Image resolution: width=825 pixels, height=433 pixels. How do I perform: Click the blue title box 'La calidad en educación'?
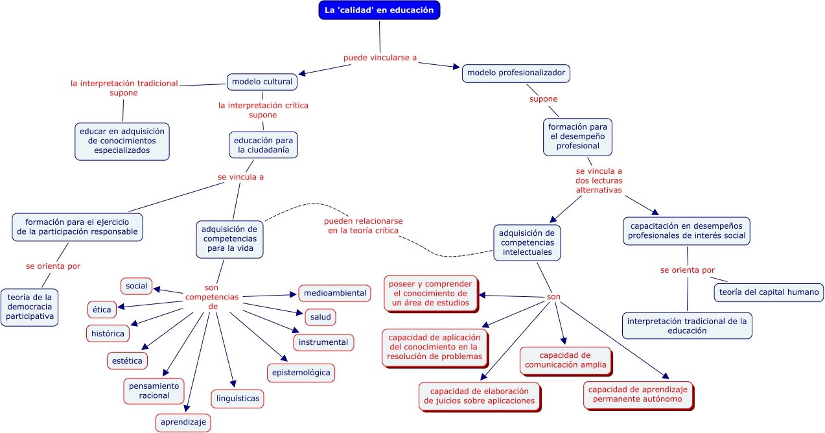point(379,10)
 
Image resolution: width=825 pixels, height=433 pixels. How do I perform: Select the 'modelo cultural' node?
point(262,82)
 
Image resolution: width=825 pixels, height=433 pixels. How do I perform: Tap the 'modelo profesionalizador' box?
point(517,73)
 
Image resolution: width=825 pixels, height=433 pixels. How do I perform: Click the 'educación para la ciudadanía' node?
point(263,145)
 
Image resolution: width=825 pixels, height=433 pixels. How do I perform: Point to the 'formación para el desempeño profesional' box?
point(577,137)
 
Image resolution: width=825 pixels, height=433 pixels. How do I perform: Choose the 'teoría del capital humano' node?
point(769,292)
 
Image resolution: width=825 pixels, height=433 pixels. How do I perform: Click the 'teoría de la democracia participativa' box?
point(30,307)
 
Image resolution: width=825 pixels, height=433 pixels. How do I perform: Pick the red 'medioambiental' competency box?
point(334,293)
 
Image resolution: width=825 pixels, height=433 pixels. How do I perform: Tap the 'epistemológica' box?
point(301,372)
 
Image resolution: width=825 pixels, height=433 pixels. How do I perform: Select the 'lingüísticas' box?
point(237,399)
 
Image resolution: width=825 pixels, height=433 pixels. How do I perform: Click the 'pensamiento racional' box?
point(154,391)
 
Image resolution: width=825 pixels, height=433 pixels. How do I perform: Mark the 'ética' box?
point(102,310)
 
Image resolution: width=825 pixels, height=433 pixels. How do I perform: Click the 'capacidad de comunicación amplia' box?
point(565,360)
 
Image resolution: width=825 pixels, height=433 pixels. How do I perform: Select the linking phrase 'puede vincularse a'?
point(380,58)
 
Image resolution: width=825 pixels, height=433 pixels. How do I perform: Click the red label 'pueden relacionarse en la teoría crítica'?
point(362,226)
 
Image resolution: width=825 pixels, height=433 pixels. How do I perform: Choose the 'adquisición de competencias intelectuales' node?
point(526,242)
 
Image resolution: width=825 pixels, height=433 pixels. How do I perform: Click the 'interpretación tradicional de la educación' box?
point(687,325)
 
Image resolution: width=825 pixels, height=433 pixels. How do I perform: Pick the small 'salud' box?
point(320,317)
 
